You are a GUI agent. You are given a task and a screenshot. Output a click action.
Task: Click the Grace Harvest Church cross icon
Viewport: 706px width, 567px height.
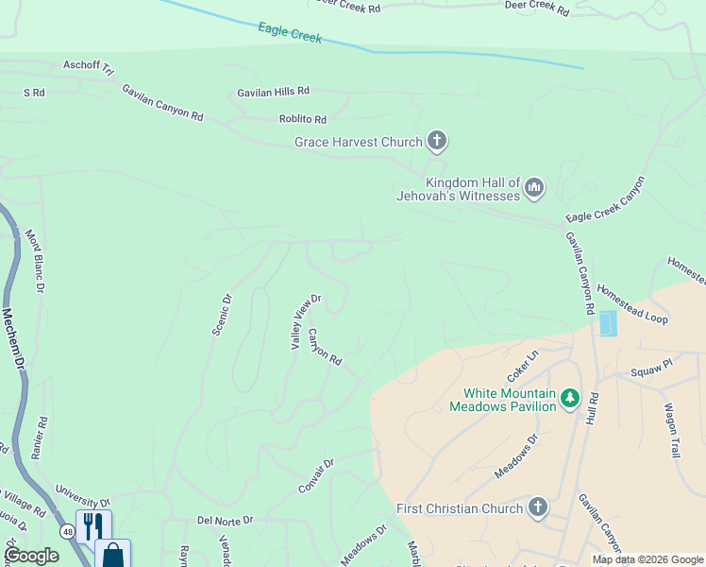click(x=436, y=142)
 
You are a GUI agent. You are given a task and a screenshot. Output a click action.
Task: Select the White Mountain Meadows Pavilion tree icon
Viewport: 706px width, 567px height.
click(x=569, y=399)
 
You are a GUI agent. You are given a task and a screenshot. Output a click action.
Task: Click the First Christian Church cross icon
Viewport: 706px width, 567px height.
click(x=537, y=508)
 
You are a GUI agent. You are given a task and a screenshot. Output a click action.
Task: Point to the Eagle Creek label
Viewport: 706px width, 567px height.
click(x=290, y=33)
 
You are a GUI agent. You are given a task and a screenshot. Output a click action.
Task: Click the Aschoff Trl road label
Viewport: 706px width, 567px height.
click(x=88, y=67)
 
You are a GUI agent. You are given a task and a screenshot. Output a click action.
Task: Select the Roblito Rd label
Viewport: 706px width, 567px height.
click(x=302, y=120)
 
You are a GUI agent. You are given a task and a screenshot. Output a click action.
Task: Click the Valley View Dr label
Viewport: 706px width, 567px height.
click(x=306, y=322)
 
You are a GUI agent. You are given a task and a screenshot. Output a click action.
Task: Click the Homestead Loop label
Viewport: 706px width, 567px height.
click(x=631, y=306)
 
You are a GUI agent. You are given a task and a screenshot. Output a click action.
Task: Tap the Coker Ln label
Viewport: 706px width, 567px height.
click(x=522, y=362)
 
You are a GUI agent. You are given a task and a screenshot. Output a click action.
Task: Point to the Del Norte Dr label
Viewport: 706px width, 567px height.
click(x=225, y=520)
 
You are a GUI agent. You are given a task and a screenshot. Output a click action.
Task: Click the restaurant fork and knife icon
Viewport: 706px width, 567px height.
click(x=93, y=525)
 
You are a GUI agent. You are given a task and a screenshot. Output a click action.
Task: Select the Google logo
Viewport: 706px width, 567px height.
click(x=31, y=556)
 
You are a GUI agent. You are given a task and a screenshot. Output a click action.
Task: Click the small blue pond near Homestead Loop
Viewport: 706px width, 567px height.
click(x=607, y=323)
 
